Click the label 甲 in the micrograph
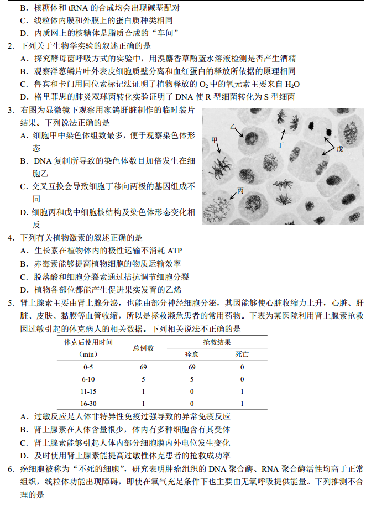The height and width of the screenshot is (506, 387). click(x=215, y=140)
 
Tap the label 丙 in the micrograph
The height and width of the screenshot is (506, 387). click(x=240, y=191)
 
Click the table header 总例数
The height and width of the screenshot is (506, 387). click(x=143, y=348)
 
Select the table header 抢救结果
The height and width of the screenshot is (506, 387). click(x=217, y=342)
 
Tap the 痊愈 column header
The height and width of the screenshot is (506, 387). click(x=192, y=354)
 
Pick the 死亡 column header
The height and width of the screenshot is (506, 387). click(x=242, y=354)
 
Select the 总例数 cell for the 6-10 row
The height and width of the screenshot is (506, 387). click(x=143, y=379)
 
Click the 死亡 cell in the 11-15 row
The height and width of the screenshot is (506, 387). click(x=242, y=392)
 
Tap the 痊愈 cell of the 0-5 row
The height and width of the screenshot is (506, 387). click(x=192, y=367)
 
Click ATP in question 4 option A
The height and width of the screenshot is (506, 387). click(x=174, y=251)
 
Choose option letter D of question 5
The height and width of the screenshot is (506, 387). click(x=24, y=456)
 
